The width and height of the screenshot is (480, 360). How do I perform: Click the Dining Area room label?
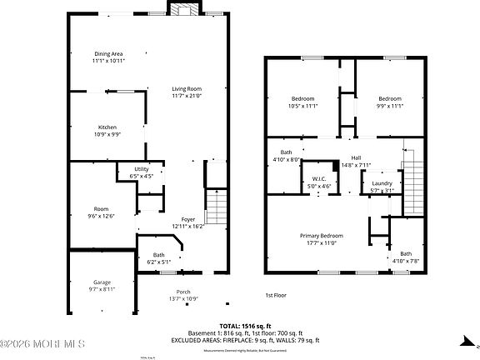click(108, 53)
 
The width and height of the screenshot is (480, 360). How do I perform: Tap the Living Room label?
click(163, 88)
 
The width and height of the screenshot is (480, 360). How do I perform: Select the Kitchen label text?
click(107, 127)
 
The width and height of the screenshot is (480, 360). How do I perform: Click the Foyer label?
click(188, 219)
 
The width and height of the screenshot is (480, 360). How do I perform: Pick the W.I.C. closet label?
click(319, 178)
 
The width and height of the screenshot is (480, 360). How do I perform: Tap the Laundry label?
click(382, 183)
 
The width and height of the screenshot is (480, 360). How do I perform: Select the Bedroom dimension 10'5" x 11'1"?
click(302, 106)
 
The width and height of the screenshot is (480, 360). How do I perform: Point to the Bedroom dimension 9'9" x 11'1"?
click(390, 106)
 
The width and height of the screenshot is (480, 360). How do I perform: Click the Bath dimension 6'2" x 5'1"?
click(158, 262)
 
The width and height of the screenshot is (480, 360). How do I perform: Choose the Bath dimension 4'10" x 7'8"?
click(406, 262)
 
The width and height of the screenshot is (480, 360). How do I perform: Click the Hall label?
click(356, 157)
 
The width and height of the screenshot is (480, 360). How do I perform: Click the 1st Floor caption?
click(277, 295)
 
